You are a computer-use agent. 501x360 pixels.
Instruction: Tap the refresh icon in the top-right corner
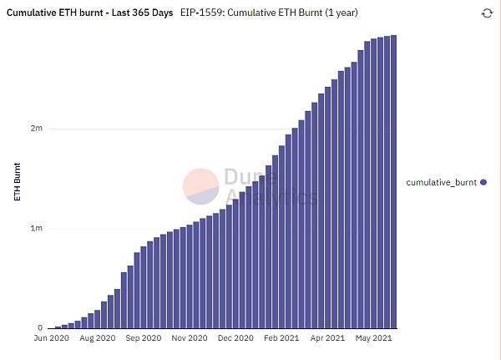click(487, 13)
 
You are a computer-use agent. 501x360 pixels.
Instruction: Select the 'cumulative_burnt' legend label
click(442, 181)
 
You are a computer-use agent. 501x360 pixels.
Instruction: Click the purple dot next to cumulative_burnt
click(483, 181)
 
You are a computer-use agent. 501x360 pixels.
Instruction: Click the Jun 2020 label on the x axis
click(52, 338)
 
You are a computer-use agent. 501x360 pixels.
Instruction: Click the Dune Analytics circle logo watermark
click(201, 186)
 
